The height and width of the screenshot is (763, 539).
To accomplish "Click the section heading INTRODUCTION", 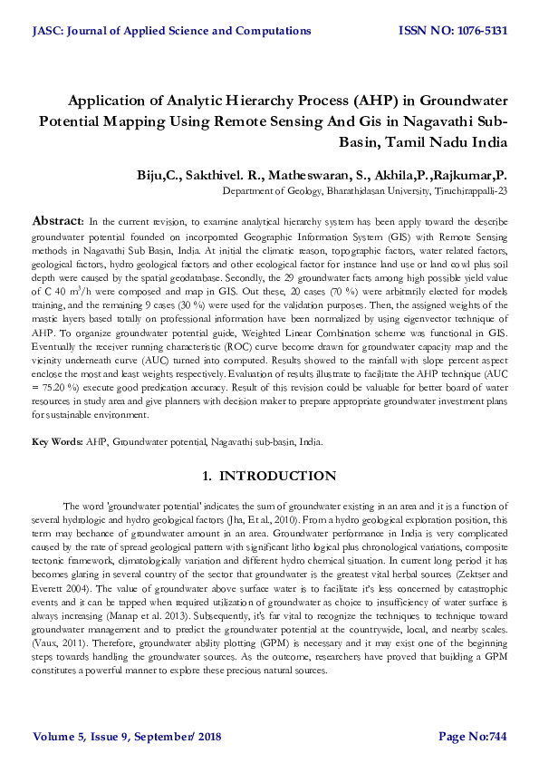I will [277, 477].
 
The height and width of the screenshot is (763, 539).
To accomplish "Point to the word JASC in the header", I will [47, 31].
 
